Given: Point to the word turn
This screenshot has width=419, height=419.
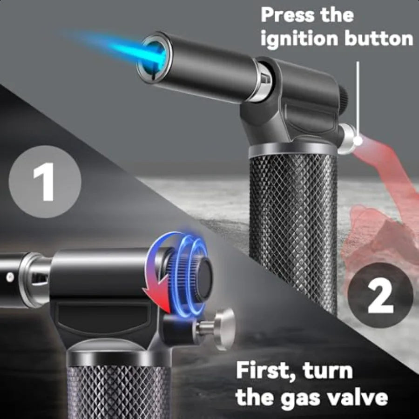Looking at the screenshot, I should tap(328, 372).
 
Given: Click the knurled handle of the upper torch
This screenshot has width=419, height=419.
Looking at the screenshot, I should tap(293, 223).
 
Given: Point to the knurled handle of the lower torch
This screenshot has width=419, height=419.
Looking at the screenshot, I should tap(119, 391).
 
